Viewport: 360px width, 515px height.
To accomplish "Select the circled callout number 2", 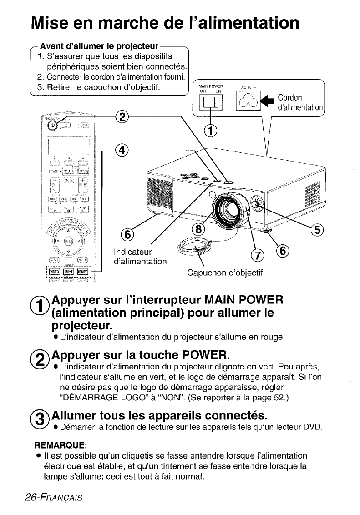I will pos(122,117).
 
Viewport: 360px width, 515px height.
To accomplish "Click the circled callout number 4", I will pos(121,151).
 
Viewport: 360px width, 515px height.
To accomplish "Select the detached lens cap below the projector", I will pos(188,248).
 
